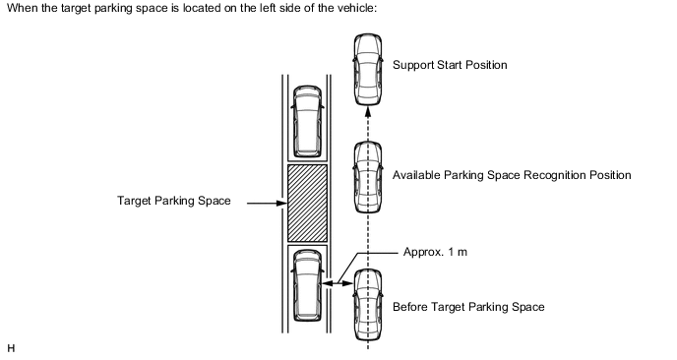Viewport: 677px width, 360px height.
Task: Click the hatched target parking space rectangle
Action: [x=307, y=203]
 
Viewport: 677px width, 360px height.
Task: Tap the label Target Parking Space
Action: [x=174, y=201]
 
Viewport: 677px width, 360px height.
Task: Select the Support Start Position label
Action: [x=450, y=65]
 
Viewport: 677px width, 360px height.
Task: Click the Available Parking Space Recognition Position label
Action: [x=512, y=175]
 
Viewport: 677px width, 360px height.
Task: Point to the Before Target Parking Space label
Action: [x=468, y=307]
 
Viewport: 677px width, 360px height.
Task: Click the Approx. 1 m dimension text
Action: [x=435, y=252]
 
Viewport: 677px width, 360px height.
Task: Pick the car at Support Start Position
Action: [x=368, y=70]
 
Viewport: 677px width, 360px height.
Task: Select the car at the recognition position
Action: [x=368, y=177]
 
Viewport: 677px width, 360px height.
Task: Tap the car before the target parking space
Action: [x=368, y=305]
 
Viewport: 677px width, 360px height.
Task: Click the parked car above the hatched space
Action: [x=307, y=121]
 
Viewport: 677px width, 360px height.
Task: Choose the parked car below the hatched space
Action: [x=307, y=285]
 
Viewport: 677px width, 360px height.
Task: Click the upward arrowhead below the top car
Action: [x=368, y=112]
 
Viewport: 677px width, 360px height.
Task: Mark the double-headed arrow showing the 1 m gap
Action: [x=338, y=283]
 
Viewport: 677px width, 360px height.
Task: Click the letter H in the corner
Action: [x=11, y=348]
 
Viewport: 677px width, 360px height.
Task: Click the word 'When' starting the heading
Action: [x=23, y=8]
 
